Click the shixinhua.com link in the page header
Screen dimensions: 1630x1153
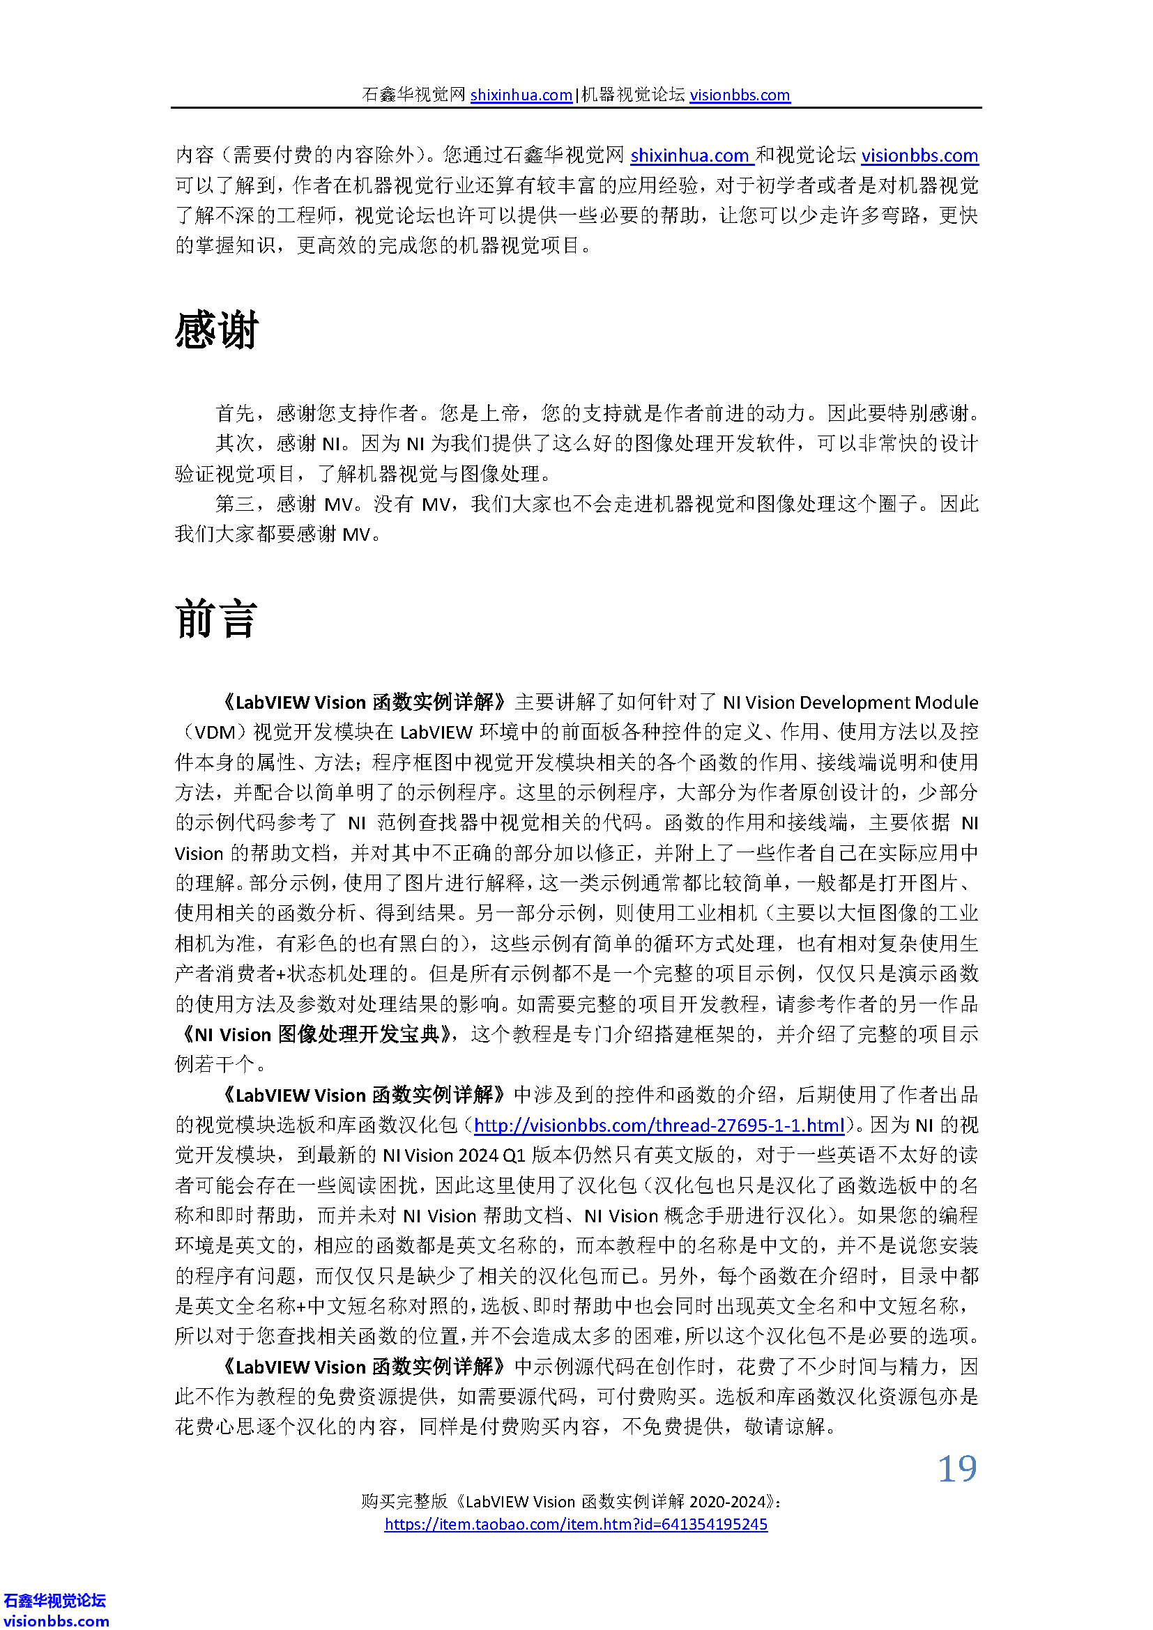[521, 95]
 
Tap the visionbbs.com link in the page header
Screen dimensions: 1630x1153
[739, 95]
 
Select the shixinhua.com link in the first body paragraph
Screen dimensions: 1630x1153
[689, 155]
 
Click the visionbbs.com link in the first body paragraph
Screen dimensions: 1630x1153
[919, 155]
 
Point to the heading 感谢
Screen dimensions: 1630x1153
[217, 331]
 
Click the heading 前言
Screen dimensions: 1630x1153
[216, 619]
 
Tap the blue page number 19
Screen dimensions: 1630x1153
[957, 1469]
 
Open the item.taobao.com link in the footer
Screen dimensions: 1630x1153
[576, 1524]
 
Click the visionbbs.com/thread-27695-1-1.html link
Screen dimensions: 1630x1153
[658, 1125]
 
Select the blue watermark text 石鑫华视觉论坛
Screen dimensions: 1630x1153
[55, 1600]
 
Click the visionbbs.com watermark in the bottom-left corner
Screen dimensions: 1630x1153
[56, 1621]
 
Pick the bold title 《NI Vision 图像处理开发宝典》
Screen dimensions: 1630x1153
[319, 1034]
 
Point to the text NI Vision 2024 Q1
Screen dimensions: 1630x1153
[453, 1155]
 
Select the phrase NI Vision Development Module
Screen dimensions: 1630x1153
[850, 703]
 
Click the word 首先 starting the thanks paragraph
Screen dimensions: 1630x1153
[235, 413]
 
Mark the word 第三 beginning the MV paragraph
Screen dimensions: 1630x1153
[235, 504]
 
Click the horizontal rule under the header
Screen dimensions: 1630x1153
[576, 108]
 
